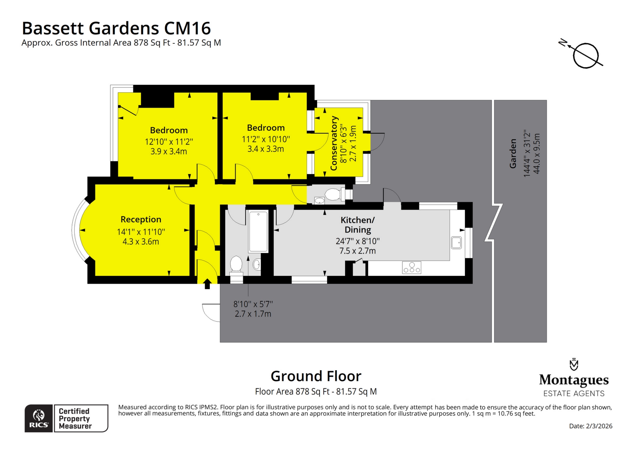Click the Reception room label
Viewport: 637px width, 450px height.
tap(141, 219)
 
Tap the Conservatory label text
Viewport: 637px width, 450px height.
tap(334, 143)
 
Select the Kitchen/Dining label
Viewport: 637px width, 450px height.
tap(358, 225)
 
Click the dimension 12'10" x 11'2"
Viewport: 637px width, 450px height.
tap(169, 142)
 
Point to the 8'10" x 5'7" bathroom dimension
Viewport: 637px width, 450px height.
tap(253, 304)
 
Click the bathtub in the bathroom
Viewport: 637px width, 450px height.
tap(258, 231)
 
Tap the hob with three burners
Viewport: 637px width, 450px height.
tap(411, 268)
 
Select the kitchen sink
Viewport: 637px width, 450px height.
tap(456, 243)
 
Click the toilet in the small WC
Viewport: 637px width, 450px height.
tap(333, 194)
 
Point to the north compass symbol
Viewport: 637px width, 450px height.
tap(585, 56)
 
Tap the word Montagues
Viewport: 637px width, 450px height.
tap(574, 380)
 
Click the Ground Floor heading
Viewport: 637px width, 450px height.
tap(316, 376)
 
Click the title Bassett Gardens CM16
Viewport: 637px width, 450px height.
tap(116, 28)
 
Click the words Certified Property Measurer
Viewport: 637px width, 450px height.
tap(75, 419)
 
